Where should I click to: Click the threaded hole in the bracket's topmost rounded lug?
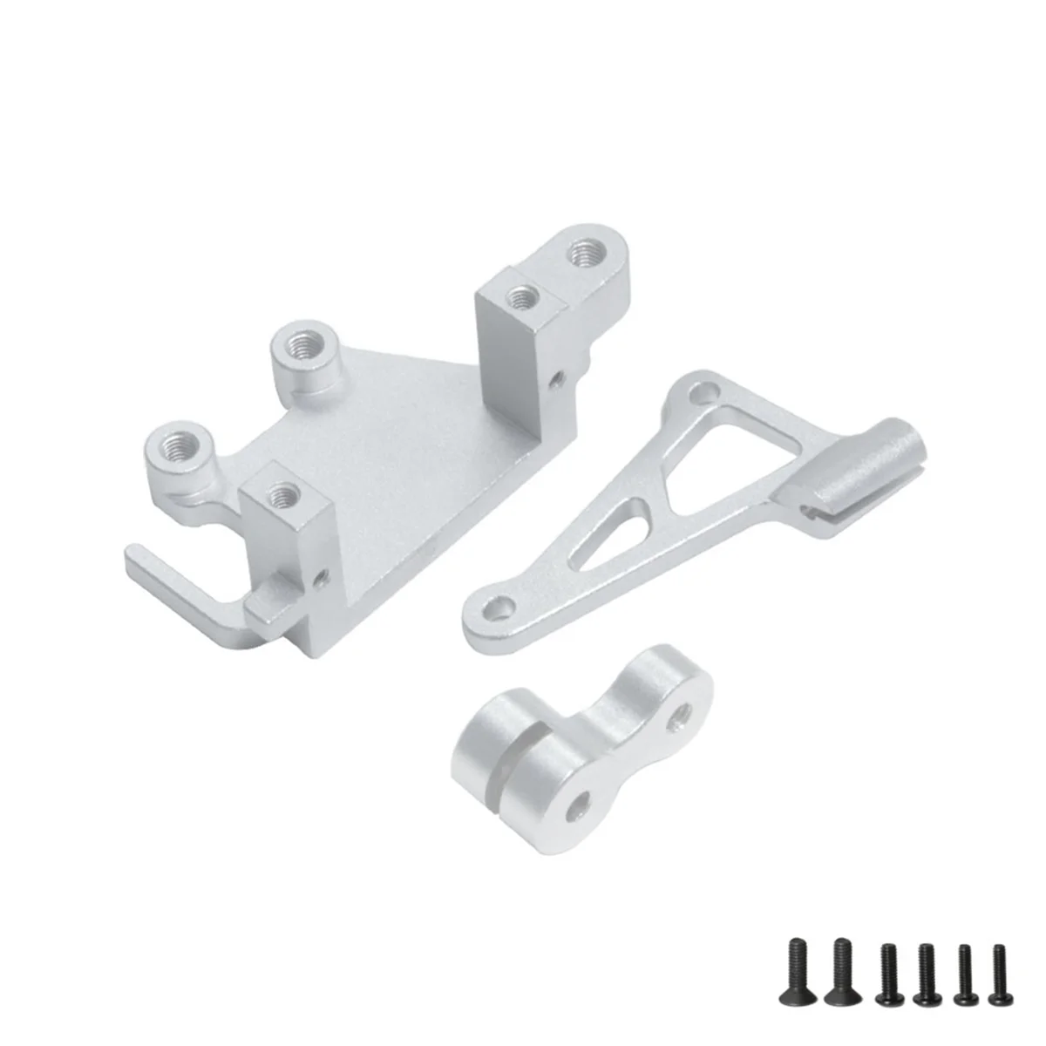tap(581, 255)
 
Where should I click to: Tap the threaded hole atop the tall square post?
tap(522, 296)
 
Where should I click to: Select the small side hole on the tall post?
tap(557, 380)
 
